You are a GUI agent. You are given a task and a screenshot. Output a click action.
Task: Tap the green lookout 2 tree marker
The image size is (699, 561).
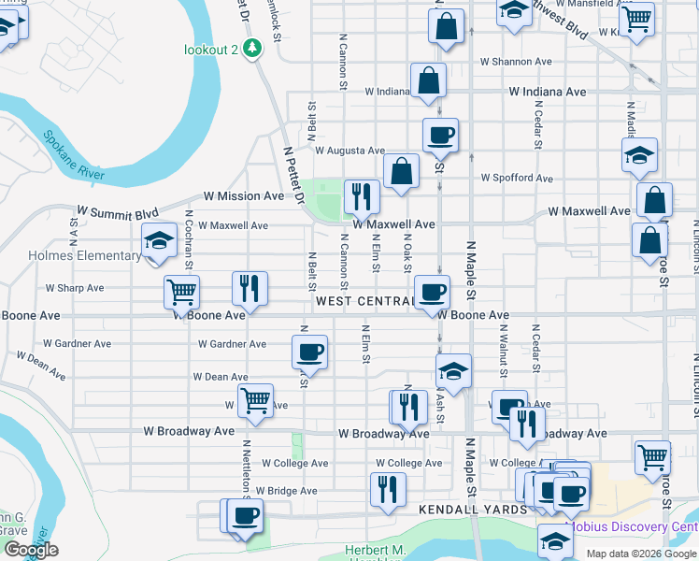250,48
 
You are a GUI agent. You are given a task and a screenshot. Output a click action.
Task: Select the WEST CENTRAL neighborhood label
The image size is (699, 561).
364,301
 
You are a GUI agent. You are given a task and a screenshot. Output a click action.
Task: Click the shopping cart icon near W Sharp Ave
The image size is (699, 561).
180,292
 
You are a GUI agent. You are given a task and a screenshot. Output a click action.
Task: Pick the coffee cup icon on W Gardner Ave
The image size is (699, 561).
309,352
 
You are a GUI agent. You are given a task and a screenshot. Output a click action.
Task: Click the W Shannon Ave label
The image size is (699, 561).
516,62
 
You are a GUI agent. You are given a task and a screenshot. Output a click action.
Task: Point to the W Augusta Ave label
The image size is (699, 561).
349,150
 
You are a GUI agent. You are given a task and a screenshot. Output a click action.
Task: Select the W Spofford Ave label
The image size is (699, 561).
517,178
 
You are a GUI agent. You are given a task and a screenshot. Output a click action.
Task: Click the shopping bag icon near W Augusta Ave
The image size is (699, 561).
401,172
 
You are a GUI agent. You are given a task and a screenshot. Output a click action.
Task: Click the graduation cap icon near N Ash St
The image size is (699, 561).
453,371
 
